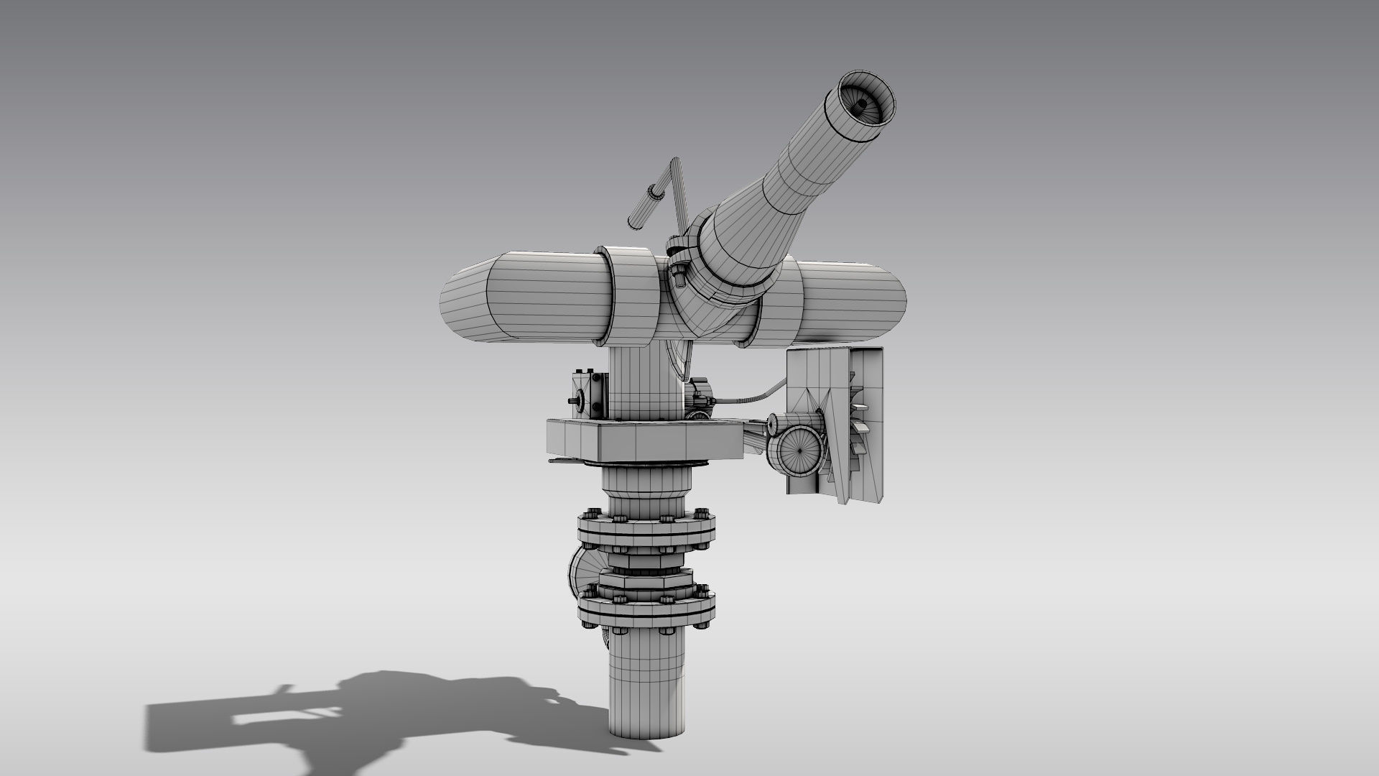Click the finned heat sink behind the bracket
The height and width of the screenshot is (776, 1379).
tap(859, 424)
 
